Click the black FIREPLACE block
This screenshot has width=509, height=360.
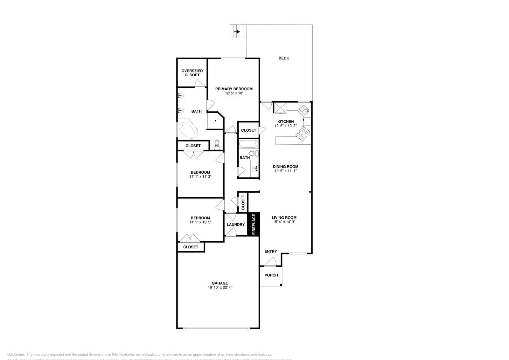pyautogui.click(x=254, y=224)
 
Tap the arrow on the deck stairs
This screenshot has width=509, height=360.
pyautogui.click(x=237, y=32)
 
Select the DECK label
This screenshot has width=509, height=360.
pyautogui.click(x=284, y=58)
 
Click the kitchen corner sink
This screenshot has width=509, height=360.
pyautogui.click(x=304, y=109)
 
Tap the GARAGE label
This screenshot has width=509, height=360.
pyautogui.click(x=220, y=283)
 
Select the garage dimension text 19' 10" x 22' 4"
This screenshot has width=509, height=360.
pyautogui.click(x=220, y=287)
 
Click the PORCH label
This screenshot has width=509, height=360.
pyautogui.click(x=271, y=275)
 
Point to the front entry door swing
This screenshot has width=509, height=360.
pyautogui.click(x=271, y=261)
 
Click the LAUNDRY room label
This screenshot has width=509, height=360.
pyautogui.click(x=236, y=225)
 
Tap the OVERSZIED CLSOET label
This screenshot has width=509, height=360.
pyautogui.click(x=192, y=73)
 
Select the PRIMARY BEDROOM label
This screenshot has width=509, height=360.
pyautogui.click(x=234, y=89)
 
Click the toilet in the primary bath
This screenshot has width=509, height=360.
pyautogui.click(x=217, y=145)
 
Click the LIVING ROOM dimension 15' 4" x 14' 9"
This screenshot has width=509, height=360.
pyautogui.click(x=284, y=222)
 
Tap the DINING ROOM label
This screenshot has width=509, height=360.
pyautogui.click(x=286, y=166)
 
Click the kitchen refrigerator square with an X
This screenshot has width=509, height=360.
pyautogui.click(x=280, y=107)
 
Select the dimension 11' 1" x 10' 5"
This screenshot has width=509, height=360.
pyautogui.click(x=200, y=222)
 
